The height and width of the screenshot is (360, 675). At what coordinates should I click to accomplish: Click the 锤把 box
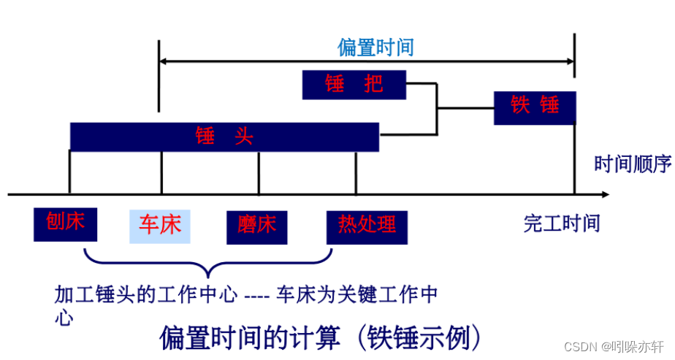pyautogui.click(x=354, y=85)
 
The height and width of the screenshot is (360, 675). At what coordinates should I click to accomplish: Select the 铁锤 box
pyautogui.click(x=535, y=107)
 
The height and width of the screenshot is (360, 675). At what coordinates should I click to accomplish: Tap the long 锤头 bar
pyautogui.click(x=224, y=137)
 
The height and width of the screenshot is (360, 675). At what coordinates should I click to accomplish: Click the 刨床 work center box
pyautogui.click(x=66, y=223)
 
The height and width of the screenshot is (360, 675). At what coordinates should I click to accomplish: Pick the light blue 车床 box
pyautogui.click(x=160, y=226)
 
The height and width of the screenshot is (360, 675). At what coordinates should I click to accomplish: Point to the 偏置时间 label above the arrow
pyautogui.click(x=375, y=47)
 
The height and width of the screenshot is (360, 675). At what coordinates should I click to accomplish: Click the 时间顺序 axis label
pyautogui.click(x=633, y=164)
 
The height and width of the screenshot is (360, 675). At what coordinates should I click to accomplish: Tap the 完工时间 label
pyautogui.click(x=561, y=223)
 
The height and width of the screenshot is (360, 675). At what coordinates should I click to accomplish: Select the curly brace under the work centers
pyautogui.click(x=209, y=262)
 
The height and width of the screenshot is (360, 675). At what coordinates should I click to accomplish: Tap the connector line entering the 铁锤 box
pyautogui.click(x=465, y=109)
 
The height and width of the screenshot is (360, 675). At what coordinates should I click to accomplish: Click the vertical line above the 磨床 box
pyautogui.click(x=259, y=172)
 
